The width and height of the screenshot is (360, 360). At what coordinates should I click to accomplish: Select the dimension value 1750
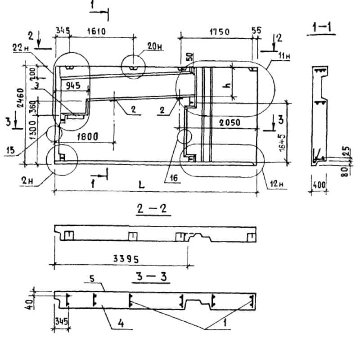click(219, 31)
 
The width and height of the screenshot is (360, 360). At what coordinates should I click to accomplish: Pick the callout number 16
click(173, 179)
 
